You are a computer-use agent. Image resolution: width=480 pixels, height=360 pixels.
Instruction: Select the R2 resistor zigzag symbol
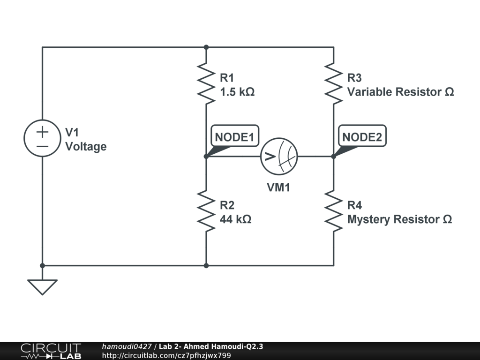(x=206, y=211)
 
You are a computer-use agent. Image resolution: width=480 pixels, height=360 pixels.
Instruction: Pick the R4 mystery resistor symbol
(x=334, y=211)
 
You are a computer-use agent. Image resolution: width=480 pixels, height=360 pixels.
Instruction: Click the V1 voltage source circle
(x=43, y=138)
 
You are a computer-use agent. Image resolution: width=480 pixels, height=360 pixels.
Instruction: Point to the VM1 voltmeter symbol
(x=279, y=156)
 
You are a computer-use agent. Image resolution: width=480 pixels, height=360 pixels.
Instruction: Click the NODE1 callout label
(x=234, y=137)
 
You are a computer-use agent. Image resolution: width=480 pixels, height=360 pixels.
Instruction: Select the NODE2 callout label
(x=362, y=137)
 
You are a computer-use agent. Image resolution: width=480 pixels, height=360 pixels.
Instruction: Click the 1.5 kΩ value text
(x=237, y=92)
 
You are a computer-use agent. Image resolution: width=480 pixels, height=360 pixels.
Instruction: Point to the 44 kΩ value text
(x=235, y=219)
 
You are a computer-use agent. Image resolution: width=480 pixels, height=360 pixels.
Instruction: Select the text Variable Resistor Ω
(x=400, y=92)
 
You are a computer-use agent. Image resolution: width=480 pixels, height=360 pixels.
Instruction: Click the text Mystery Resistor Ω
(x=399, y=219)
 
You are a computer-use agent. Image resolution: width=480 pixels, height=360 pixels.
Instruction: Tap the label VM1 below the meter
(x=279, y=188)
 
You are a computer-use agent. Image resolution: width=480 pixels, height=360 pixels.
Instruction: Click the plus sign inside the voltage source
(x=43, y=132)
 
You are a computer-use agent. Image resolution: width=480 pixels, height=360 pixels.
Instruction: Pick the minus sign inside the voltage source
(x=43, y=146)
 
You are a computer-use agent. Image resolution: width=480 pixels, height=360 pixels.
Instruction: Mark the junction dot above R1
(x=206, y=47)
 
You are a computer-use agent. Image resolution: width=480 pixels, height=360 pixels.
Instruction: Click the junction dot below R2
(x=206, y=266)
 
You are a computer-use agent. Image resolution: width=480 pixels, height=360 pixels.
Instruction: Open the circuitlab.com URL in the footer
(x=166, y=355)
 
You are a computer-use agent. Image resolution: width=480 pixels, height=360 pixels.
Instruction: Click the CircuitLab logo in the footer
(x=51, y=351)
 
